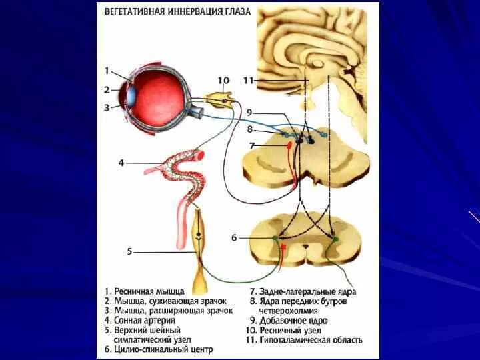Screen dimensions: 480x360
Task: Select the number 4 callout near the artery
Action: tap(121, 162)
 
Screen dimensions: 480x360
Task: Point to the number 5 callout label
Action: tap(130, 251)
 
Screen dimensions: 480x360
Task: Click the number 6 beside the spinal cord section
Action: tap(234, 237)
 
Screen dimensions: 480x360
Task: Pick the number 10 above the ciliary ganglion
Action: tap(223, 80)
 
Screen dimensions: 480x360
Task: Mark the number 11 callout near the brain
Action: tap(248, 80)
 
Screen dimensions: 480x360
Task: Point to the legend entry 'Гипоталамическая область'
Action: tap(306, 340)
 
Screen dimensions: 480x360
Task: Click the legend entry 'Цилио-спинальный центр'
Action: tap(158, 349)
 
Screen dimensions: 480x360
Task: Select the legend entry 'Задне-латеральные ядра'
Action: tap(303, 291)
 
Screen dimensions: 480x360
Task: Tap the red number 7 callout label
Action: tap(251, 145)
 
